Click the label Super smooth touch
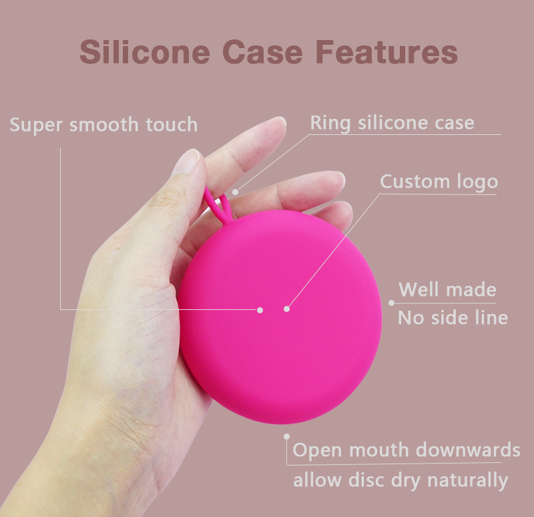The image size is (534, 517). (103, 124)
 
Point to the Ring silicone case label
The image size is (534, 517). (392, 123)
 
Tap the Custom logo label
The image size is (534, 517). (439, 182)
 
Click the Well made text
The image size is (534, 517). (447, 290)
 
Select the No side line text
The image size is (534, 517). (453, 317)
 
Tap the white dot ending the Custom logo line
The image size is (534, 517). (287, 309)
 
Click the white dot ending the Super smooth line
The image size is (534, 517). (260, 309)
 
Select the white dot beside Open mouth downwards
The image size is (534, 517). (287, 436)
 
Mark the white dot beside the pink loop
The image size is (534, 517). (235, 192)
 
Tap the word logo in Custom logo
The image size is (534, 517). (476, 182)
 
